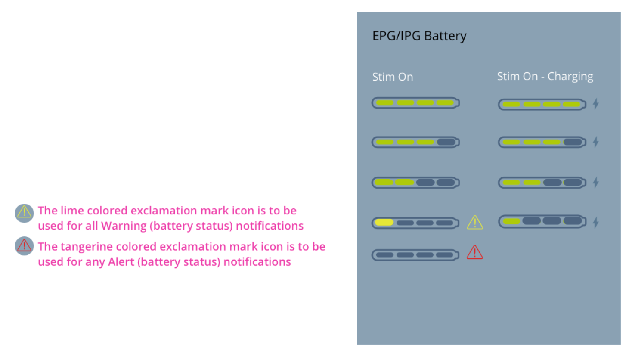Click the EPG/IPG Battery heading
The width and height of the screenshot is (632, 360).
click(419, 36)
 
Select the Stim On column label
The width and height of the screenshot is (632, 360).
click(392, 77)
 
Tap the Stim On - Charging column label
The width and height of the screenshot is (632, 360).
click(545, 76)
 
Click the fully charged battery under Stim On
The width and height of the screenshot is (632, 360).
click(415, 103)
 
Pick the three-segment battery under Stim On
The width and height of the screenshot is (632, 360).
click(415, 142)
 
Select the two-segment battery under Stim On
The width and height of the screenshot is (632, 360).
click(415, 183)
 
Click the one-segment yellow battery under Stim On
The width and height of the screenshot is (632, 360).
click(415, 223)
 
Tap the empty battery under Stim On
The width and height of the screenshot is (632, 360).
click(415, 255)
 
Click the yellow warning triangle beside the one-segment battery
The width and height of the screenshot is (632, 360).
click(475, 223)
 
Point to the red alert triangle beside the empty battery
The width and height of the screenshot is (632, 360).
click(474, 253)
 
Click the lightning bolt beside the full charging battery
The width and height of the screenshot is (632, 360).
click(596, 104)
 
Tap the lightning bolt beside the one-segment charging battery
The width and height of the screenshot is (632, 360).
click(596, 222)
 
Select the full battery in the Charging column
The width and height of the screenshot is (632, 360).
click(542, 104)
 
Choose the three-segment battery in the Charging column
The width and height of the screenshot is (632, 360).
click(542, 142)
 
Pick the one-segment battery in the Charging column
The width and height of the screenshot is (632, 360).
click(542, 221)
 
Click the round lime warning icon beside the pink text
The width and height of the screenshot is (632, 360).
click(24, 213)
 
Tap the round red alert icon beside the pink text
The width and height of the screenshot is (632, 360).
click(24, 246)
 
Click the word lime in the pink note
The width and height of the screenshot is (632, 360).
click(72, 211)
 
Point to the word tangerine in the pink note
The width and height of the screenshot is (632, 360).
click(86, 247)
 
